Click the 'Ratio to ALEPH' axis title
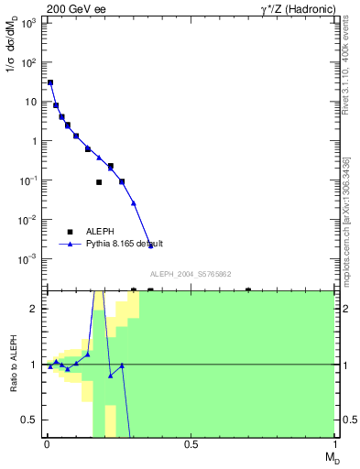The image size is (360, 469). point(13,364)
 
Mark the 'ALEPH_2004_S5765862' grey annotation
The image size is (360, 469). point(191,275)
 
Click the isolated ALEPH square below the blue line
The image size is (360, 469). point(99,182)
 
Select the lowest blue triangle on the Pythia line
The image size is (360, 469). point(151,245)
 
